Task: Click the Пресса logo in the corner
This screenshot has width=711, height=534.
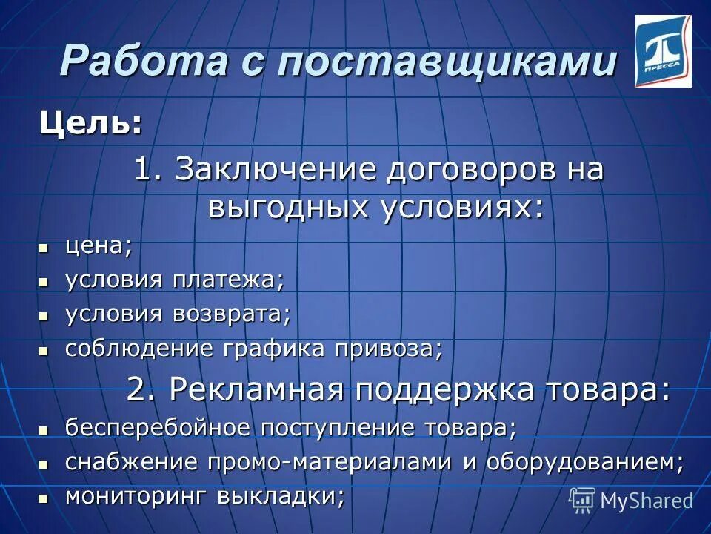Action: [663, 51]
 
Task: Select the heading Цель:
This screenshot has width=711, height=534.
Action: [90, 122]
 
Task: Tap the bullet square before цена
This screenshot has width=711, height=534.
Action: [44, 247]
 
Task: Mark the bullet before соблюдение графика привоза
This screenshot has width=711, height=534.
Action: [44, 349]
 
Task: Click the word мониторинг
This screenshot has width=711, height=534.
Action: [136, 495]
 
